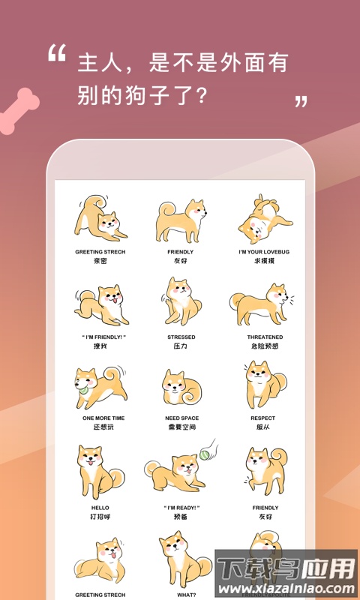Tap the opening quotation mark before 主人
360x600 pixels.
[56, 53]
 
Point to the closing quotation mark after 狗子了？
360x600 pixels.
[301, 101]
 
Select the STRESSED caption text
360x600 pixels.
[181, 337]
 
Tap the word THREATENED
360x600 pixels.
[265, 337]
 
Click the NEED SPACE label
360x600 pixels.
[181, 418]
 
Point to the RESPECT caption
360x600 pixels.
[262, 418]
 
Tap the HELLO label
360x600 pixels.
[100, 508]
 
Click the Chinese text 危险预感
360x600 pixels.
[265, 347]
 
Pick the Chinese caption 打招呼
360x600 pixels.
[100, 517]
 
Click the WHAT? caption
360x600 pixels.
[181, 595]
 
